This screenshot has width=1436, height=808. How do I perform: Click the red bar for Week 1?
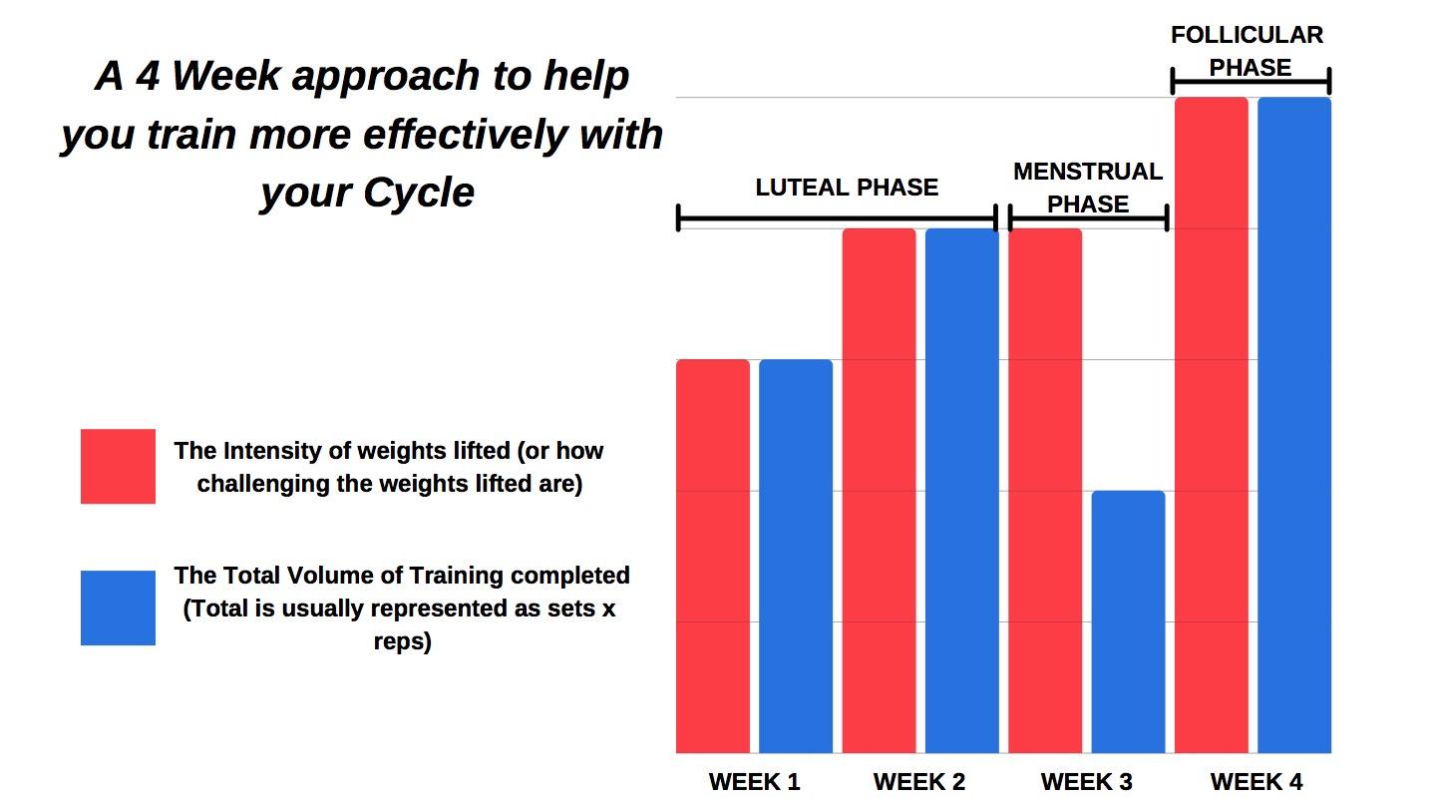[713, 556]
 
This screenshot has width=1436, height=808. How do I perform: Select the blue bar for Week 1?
[796, 556]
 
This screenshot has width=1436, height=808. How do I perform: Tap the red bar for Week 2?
[879, 491]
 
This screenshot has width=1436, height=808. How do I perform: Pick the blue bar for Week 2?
[962, 491]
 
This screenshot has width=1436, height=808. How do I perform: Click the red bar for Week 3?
[1045, 491]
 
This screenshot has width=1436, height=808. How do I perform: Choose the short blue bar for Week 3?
[1128, 622]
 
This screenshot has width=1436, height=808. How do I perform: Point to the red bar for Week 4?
[1212, 425]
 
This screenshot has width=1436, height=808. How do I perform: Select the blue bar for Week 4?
[1294, 425]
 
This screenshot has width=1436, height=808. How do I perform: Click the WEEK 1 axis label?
[755, 782]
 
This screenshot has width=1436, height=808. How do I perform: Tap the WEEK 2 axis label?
[919, 782]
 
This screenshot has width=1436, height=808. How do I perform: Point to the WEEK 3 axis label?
[1087, 782]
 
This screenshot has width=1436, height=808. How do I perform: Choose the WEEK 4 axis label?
[1256, 782]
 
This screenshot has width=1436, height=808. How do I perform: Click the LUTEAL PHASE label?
[847, 188]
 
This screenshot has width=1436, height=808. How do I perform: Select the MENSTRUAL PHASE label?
[1088, 188]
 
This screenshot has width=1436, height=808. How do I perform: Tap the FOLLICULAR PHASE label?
[1248, 51]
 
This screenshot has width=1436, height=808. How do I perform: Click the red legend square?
[118, 466]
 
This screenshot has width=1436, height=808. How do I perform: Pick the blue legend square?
[118, 607]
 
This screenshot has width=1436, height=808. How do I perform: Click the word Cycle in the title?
[419, 194]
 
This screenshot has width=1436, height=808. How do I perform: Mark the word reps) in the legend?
[403, 641]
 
